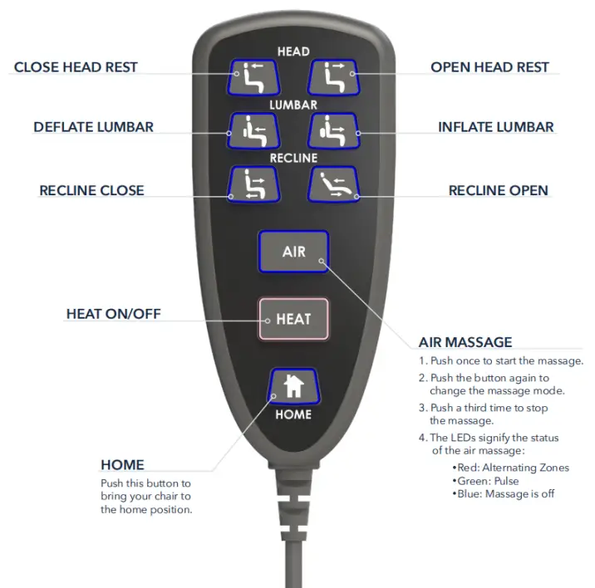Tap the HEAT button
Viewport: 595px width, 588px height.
click(293, 319)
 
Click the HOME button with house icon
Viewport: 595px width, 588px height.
click(293, 386)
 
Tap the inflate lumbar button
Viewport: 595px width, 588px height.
click(333, 130)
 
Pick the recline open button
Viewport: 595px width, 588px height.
click(333, 184)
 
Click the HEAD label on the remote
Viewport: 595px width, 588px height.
click(293, 51)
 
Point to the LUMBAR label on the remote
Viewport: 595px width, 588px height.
click(293, 105)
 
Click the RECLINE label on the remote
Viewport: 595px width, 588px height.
click(293, 157)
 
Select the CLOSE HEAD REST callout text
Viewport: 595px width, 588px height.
click(76, 67)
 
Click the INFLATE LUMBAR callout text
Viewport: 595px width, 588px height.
click(496, 127)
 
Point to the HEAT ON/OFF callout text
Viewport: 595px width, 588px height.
click(114, 314)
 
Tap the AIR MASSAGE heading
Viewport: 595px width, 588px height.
click(465, 342)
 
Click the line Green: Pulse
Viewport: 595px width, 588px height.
click(488, 481)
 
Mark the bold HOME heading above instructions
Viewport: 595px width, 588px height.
click(122, 465)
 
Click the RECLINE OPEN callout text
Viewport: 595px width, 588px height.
click(499, 190)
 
